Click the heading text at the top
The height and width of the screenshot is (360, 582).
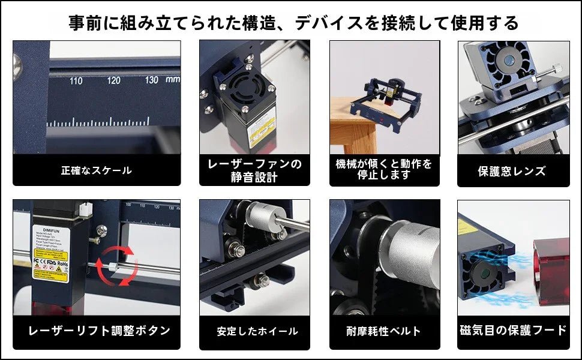point(293,23)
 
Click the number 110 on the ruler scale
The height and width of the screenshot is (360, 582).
point(76,80)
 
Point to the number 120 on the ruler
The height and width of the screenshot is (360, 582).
point(113,80)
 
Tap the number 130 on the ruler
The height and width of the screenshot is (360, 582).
point(151,80)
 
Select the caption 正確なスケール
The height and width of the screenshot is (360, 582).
point(97,170)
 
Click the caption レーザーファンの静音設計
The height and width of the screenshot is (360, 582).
point(254,170)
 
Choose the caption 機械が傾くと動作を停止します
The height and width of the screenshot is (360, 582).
point(384,170)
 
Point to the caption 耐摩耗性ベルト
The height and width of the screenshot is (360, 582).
point(384,331)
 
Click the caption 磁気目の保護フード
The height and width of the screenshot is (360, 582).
point(514,330)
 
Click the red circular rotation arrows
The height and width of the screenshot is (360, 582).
point(118,265)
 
